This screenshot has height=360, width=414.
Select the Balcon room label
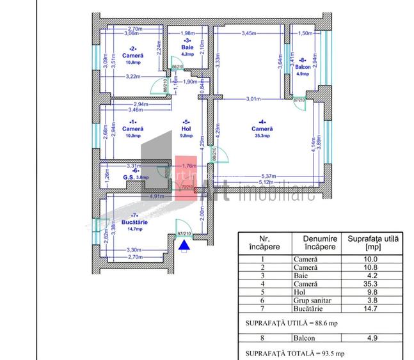click(x=303, y=67)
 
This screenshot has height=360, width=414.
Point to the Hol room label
click(x=186, y=128)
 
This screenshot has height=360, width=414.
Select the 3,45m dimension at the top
click(x=249, y=33)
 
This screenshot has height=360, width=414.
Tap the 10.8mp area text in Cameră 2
click(x=133, y=63)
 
